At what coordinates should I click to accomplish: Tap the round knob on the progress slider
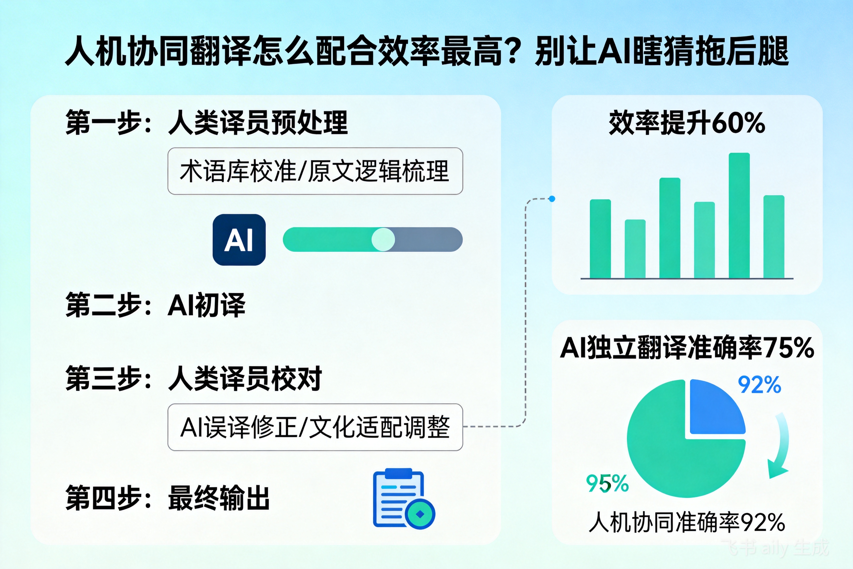[383, 240]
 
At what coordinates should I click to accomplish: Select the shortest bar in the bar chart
[635, 249]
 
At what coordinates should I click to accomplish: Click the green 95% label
[607, 483]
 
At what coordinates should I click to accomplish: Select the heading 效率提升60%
[687, 123]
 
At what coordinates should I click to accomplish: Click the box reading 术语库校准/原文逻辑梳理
[315, 171]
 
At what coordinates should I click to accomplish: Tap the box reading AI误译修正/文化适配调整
[315, 427]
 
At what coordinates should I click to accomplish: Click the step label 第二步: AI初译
[156, 305]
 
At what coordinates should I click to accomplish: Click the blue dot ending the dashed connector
[552, 199]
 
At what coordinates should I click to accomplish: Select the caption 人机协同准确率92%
[687, 523]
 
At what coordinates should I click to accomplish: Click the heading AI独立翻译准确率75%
[687, 348]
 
